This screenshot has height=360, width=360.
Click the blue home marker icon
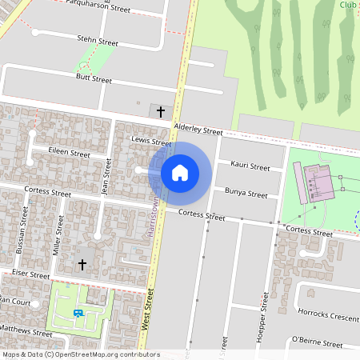point(180,172)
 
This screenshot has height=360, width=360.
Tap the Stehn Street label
point(97,42)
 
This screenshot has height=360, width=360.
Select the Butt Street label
point(94,79)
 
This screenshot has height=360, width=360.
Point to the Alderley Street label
point(198,129)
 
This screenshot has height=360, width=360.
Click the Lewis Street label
point(150,142)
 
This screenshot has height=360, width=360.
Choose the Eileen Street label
point(70,152)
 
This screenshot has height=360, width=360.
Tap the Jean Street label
point(106,177)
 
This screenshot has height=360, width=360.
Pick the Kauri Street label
point(250,166)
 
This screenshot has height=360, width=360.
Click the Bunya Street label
point(246,193)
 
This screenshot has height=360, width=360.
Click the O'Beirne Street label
point(318,343)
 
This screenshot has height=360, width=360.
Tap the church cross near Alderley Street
point(161,110)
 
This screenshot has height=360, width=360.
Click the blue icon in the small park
point(78,314)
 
